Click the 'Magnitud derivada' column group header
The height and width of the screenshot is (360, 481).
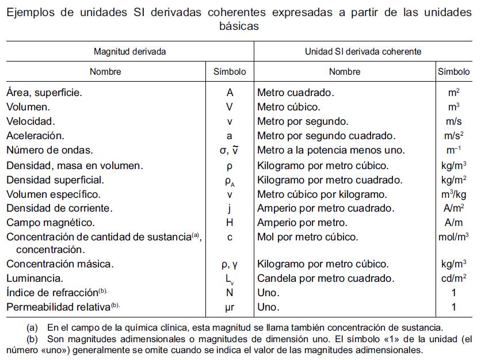click(x=130, y=52)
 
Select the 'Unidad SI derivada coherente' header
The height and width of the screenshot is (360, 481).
click(x=363, y=52)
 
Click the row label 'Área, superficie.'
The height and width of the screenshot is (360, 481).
click(x=44, y=92)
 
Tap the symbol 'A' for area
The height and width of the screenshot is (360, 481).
click(x=230, y=92)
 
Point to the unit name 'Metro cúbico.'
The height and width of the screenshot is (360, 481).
click(x=289, y=107)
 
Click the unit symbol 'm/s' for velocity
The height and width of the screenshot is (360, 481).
click(x=453, y=121)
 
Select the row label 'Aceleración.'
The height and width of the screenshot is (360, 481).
click(x=35, y=136)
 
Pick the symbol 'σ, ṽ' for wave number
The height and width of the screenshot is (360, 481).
click(x=230, y=151)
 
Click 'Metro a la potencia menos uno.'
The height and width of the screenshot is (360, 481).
click(x=331, y=151)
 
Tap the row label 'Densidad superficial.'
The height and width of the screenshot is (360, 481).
click(x=55, y=180)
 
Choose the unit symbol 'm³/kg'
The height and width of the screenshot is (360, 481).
click(x=453, y=194)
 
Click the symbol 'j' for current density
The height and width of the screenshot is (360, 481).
click(x=230, y=209)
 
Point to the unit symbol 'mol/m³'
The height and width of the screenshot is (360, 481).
click(x=453, y=237)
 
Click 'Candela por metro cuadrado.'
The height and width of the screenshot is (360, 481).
click(x=326, y=278)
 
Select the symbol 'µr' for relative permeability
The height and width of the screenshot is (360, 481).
click(x=230, y=307)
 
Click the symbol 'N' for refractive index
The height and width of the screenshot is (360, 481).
click(x=230, y=293)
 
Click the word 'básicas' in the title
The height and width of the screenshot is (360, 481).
click(x=240, y=26)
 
